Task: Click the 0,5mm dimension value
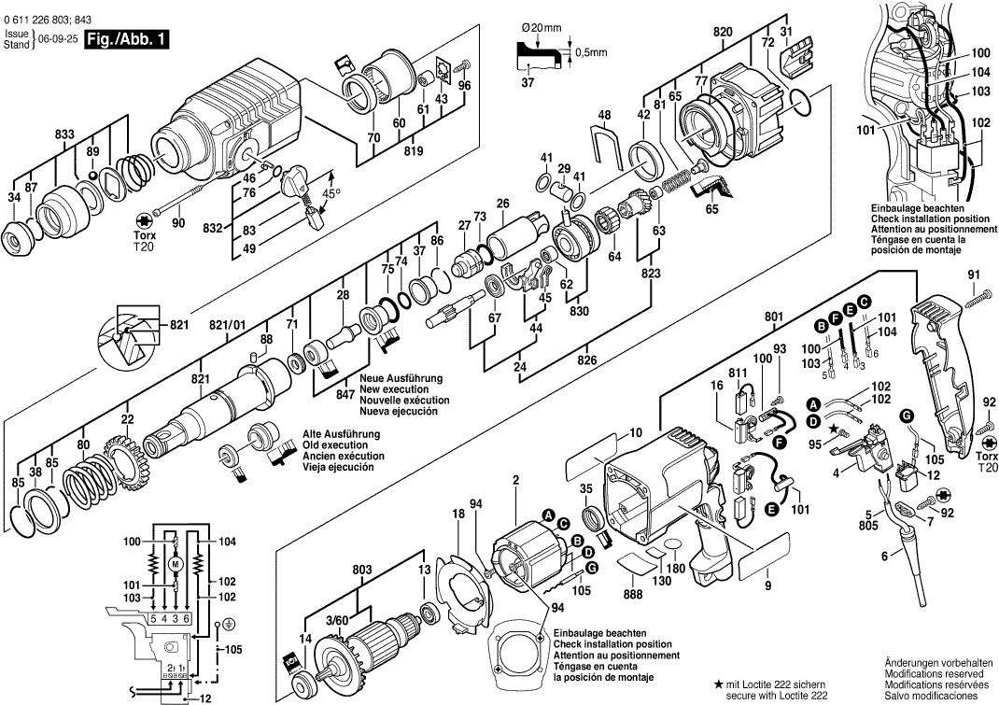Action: (590, 52)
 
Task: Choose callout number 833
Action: (63, 134)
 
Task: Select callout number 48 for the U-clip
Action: (605, 115)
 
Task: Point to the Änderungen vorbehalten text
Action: (929, 661)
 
